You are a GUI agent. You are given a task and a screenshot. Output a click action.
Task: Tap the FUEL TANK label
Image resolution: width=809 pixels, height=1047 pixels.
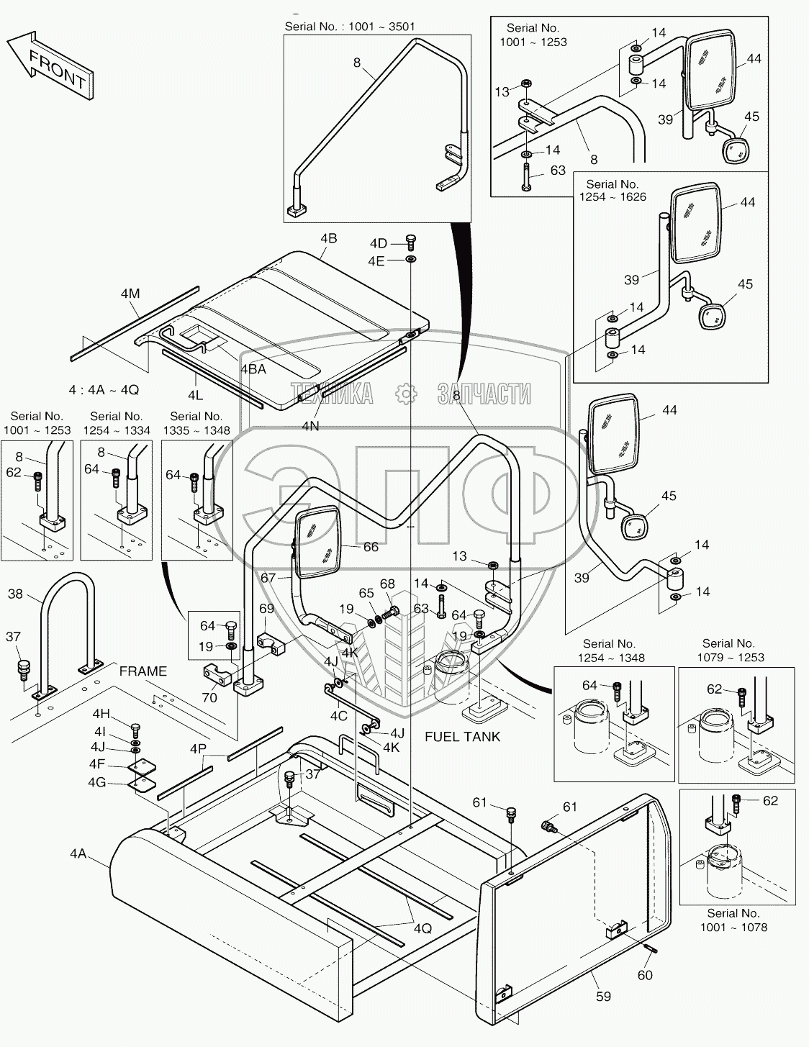462,736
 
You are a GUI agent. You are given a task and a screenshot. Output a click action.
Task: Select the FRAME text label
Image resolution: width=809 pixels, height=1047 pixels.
143,671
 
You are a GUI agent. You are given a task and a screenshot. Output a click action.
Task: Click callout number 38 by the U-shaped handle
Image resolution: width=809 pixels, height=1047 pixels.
15,594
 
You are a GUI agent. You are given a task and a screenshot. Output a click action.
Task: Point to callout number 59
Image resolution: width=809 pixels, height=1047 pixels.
603,996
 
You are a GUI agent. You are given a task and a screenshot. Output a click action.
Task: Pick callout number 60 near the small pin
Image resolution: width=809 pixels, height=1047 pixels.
645,974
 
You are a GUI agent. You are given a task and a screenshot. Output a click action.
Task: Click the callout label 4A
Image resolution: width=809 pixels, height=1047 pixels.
78,853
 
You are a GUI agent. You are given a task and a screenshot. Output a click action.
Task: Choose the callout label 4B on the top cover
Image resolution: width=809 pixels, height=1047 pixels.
328,238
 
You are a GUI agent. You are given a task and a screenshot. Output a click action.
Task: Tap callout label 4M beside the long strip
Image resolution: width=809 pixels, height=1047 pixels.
130,293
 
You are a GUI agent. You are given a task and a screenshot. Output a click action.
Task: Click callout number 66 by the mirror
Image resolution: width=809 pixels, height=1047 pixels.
371,547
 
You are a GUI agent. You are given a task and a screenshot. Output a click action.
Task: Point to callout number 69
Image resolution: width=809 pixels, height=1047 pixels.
266,609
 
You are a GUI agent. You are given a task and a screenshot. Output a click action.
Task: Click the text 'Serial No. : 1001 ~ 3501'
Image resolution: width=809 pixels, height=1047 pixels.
350,27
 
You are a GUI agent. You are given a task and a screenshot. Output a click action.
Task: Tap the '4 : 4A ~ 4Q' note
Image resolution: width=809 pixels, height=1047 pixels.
104,389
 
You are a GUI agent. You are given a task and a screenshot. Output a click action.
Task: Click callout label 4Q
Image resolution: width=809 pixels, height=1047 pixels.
422,928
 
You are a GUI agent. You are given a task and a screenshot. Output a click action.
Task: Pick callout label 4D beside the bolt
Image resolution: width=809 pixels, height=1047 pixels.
379,243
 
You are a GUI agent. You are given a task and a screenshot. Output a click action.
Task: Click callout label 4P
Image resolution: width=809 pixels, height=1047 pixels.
199,748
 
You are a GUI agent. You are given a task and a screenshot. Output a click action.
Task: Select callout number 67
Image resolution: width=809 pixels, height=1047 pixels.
268,577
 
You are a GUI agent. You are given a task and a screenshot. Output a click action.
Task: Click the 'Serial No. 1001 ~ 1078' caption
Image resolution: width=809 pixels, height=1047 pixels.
733,920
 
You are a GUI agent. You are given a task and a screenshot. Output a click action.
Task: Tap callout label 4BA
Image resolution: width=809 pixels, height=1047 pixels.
253,368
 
